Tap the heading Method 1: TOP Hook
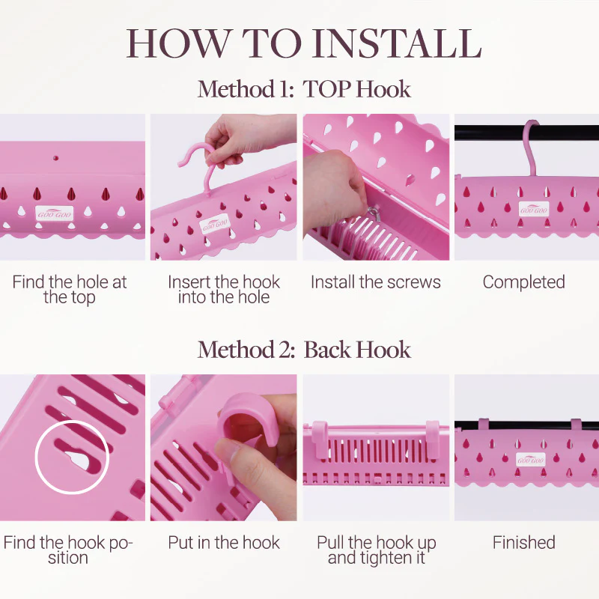coord(304,89)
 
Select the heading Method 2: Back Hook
coord(304,350)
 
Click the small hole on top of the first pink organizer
coord(55,158)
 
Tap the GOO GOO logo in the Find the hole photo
coord(54,214)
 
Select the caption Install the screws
coord(376,282)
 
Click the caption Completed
coord(523,282)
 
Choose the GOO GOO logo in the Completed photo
coord(534,210)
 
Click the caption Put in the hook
coord(224,542)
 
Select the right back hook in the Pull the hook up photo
coord(432,439)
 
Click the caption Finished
coord(523,542)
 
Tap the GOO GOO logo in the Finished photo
coord(531,460)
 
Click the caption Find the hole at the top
coord(69,290)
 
